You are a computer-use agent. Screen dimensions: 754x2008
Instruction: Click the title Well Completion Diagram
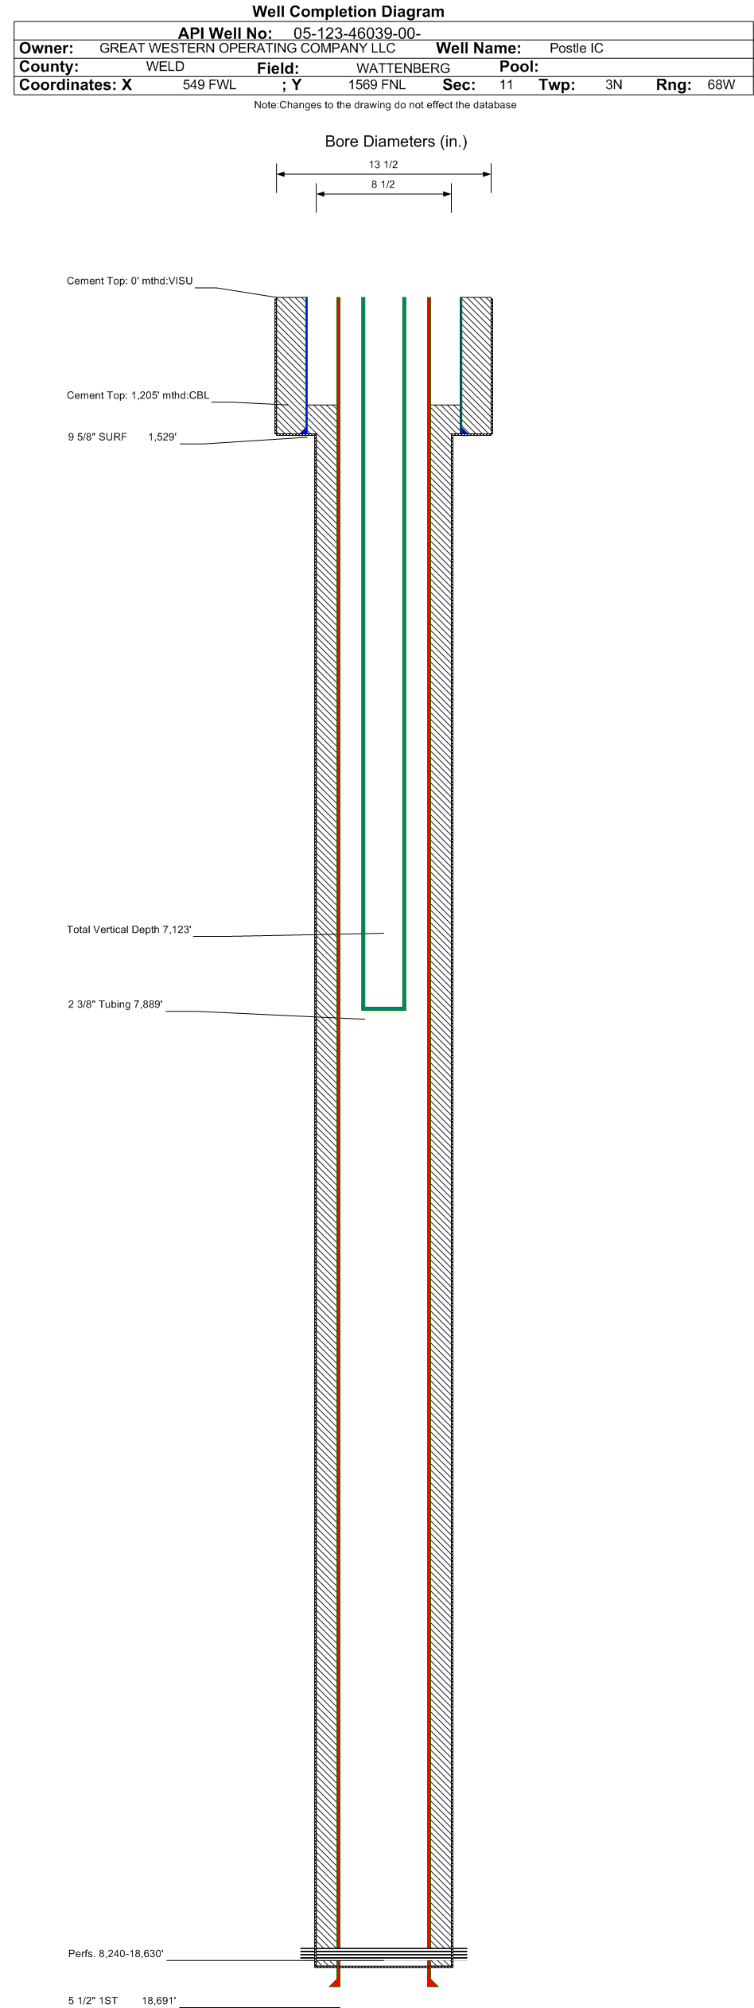pyautogui.click(x=348, y=12)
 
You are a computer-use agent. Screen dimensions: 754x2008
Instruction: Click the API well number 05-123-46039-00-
pyautogui.click(x=352, y=33)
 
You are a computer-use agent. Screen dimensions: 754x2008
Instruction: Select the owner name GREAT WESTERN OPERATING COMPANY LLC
pyautogui.click(x=247, y=48)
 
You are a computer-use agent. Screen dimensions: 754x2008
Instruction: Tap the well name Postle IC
pyautogui.click(x=577, y=49)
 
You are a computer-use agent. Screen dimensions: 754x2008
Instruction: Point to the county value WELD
pyautogui.click(x=165, y=67)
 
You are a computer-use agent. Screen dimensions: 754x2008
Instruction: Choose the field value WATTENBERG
pyautogui.click(x=403, y=68)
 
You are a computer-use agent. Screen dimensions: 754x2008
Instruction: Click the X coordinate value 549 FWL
pyautogui.click(x=210, y=85)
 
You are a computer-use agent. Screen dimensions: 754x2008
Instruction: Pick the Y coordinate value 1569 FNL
pyautogui.click(x=377, y=85)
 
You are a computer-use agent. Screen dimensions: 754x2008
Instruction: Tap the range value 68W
pyautogui.click(x=721, y=85)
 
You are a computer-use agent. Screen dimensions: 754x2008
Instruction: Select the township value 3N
pyautogui.click(x=613, y=85)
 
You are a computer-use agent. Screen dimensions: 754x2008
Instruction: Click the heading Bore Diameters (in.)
pyautogui.click(x=396, y=142)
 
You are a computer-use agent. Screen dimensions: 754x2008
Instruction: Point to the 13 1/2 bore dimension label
pyautogui.click(x=383, y=165)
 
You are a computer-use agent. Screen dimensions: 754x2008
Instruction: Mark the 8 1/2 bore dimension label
pyautogui.click(x=383, y=184)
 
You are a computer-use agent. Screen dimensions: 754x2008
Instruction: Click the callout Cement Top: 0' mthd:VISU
pyautogui.click(x=130, y=281)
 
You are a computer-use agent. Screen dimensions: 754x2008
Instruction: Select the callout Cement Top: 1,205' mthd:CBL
pyautogui.click(x=138, y=395)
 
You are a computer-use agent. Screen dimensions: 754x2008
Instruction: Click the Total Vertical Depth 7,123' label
pyautogui.click(x=129, y=930)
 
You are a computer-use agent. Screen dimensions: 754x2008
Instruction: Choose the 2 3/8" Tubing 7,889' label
pyautogui.click(x=115, y=1004)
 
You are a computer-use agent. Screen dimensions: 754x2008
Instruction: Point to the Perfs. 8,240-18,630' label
pyautogui.click(x=116, y=1954)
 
